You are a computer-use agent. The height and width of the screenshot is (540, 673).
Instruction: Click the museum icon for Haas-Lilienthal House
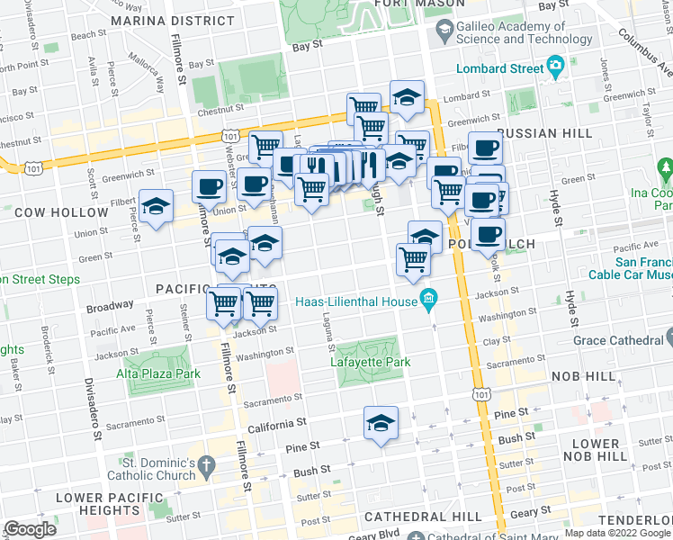point(428,299)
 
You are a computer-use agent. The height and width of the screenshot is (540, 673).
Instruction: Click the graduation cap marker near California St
point(381,423)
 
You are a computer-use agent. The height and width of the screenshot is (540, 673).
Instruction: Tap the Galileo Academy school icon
point(444,32)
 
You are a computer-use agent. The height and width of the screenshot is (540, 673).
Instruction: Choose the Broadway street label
point(110,307)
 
